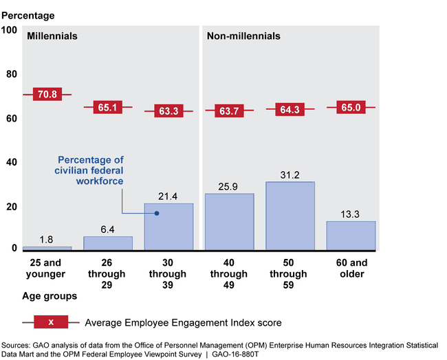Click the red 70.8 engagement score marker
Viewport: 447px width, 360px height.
[x=47, y=94]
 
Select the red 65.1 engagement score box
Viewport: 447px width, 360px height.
[x=108, y=107]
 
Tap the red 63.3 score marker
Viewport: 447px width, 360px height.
[x=168, y=111]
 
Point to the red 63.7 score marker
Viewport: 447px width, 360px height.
[x=230, y=111]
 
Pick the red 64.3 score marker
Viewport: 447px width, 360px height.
[x=290, y=109]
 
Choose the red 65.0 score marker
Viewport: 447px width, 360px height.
[x=351, y=107]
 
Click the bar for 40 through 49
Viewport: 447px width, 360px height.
[x=230, y=221]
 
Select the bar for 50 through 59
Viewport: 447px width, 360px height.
[x=290, y=214]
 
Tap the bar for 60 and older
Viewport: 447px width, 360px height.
[x=351, y=234]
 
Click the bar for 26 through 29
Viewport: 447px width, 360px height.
[x=108, y=242]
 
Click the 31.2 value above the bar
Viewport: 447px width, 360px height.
[x=290, y=175]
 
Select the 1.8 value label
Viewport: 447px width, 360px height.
[x=47, y=240]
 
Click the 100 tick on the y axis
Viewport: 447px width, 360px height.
[x=10, y=30]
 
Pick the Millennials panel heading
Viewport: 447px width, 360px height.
[x=52, y=36]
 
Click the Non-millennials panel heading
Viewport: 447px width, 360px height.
[x=243, y=36]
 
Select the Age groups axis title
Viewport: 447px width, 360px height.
[x=47, y=297]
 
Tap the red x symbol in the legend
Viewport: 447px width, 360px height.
[x=52, y=322]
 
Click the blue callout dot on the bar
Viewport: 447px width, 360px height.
[x=157, y=213]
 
